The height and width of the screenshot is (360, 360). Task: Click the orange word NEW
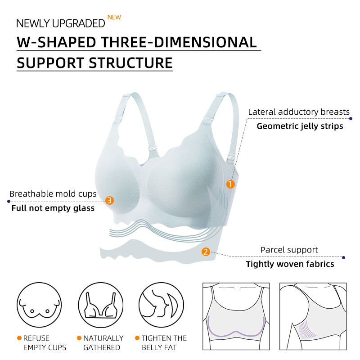114,18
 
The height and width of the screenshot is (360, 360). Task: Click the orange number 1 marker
230,184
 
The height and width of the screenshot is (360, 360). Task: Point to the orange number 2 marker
206,252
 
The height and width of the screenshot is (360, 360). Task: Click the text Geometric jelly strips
300,126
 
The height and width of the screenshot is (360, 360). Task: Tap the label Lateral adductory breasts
299,112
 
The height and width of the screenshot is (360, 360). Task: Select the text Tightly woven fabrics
290,264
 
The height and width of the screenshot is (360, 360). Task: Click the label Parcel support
289,250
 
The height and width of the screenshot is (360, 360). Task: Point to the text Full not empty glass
53,208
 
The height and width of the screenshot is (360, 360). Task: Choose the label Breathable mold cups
53,194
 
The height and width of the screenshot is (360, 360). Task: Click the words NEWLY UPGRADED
60,23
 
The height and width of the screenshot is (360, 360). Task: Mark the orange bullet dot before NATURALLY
79,338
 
